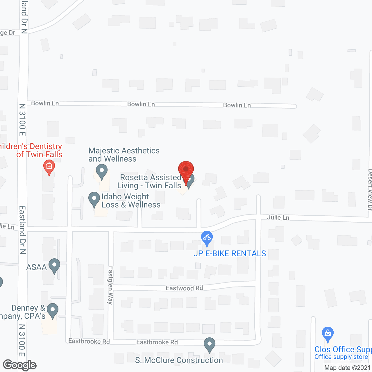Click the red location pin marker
tap(186, 170)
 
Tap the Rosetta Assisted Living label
tap(150, 181)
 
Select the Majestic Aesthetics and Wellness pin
tap(102, 171)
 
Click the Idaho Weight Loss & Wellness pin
tap(94, 199)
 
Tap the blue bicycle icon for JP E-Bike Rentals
tap(207, 238)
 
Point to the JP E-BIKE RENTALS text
tap(230, 254)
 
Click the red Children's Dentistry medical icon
tap(49, 167)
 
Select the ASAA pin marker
tap(54, 266)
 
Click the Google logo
tap(20, 365)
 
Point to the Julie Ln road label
tap(278, 217)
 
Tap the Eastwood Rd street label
tap(184, 288)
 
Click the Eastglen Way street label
tap(110, 285)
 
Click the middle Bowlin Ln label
tap(141, 104)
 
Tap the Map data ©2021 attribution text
tap(347, 368)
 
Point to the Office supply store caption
tap(341, 357)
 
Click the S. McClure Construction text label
tap(179, 360)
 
